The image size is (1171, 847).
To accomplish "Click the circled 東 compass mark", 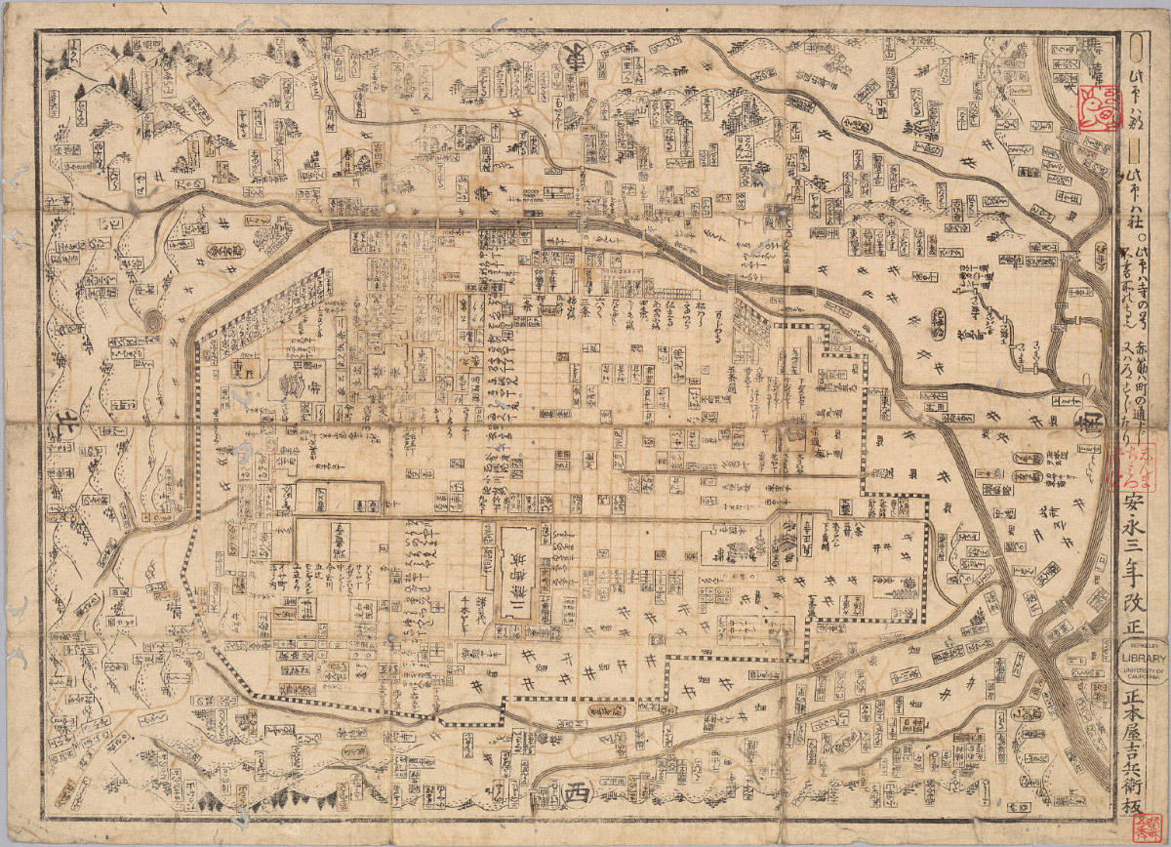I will click(576, 56).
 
